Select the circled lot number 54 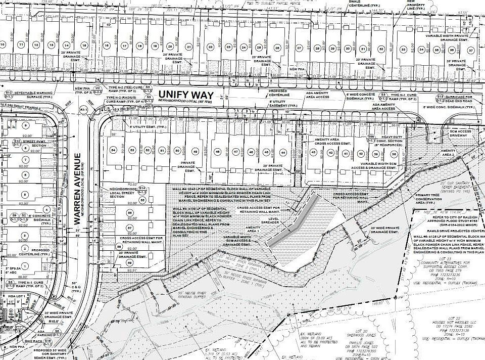pos(113,151)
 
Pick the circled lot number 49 pos(195,151)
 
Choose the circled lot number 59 pos(129,263)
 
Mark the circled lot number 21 pos(188,47)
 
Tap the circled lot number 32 pos(376,49)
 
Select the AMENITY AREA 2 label pos(448,154)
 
